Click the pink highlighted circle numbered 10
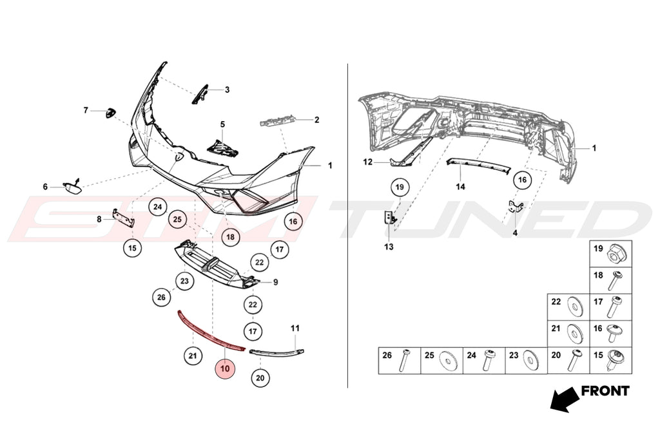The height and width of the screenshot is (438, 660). pyautogui.click(x=225, y=368)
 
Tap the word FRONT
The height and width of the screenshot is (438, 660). pyautogui.click(x=605, y=391)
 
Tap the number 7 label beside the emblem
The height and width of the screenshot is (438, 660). pyautogui.click(x=86, y=110)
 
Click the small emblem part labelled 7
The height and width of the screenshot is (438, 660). pyautogui.click(x=110, y=113)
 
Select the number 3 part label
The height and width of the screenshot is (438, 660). pyautogui.click(x=227, y=90)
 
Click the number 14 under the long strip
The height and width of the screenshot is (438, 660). pyautogui.click(x=460, y=186)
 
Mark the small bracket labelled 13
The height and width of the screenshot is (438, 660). pyautogui.click(x=390, y=218)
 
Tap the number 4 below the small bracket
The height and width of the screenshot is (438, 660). pyautogui.click(x=515, y=233)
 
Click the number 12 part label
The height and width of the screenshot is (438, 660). pyautogui.click(x=368, y=162)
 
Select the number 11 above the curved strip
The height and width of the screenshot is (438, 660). pyautogui.click(x=295, y=328)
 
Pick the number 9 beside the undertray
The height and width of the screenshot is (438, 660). pyautogui.click(x=276, y=282)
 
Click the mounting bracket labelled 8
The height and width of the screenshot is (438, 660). pyautogui.click(x=123, y=218)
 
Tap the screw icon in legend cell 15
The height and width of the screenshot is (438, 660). pyautogui.click(x=616, y=361)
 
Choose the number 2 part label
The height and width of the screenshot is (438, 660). pyautogui.click(x=317, y=120)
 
